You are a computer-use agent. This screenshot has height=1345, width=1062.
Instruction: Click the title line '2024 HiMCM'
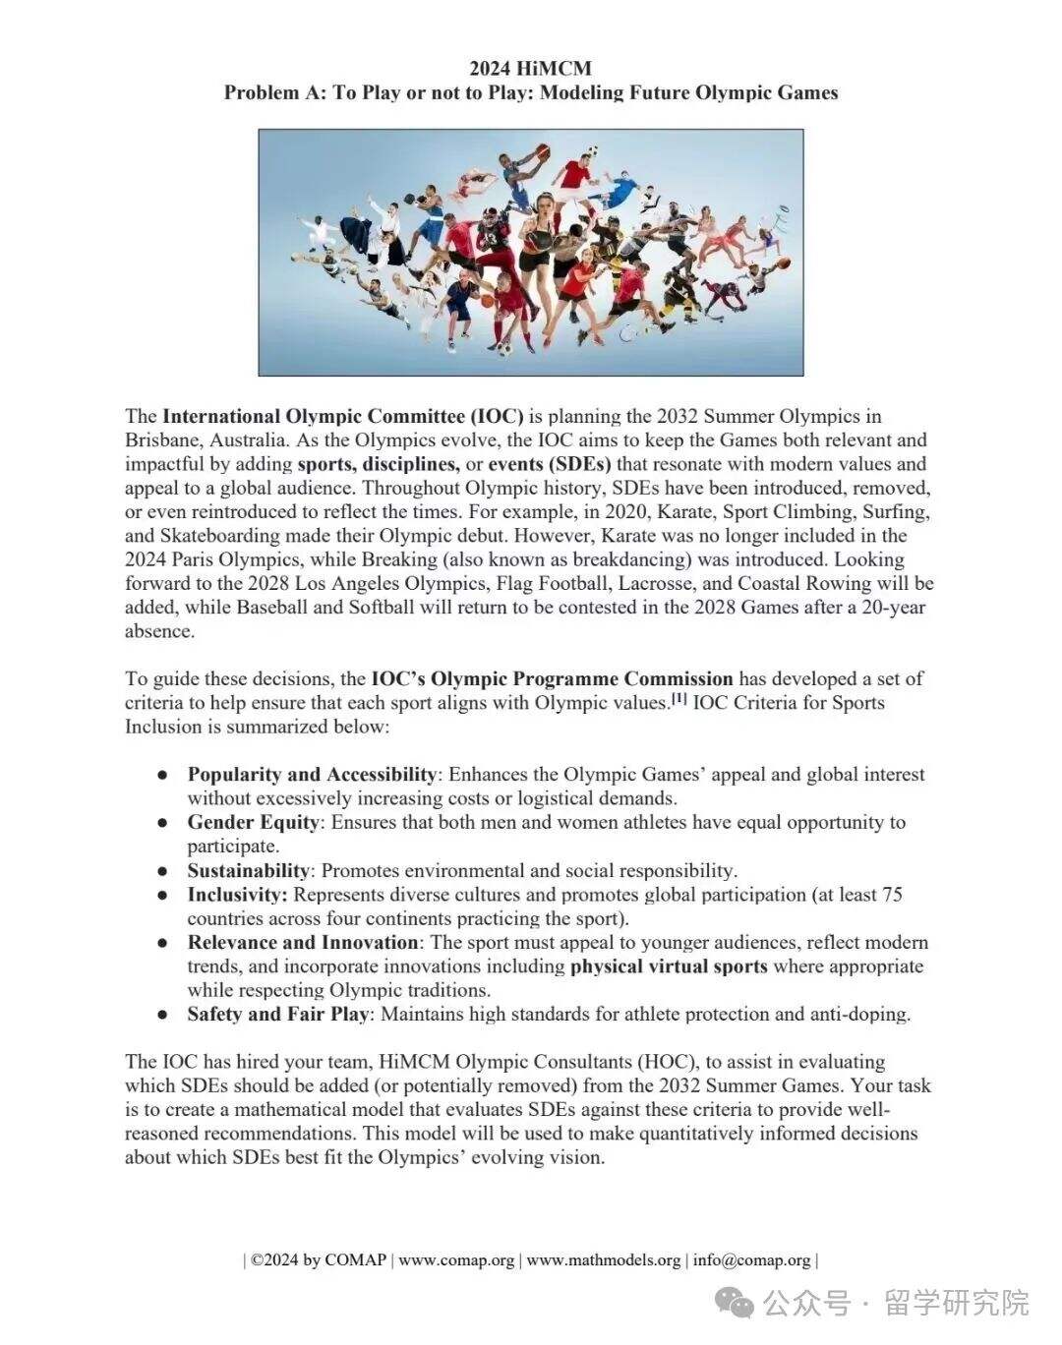coord(530,68)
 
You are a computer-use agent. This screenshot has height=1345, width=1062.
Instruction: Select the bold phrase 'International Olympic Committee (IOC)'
coord(343,416)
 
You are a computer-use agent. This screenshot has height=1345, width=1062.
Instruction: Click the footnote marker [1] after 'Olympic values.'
coord(678,699)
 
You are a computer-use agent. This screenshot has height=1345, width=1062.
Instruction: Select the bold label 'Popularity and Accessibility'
coord(312,775)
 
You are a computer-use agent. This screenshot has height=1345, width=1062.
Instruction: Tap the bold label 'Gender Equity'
coord(253,823)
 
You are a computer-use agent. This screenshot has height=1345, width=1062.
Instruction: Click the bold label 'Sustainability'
coord(248,871)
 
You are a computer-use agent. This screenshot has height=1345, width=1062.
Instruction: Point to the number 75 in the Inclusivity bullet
coord(892,895)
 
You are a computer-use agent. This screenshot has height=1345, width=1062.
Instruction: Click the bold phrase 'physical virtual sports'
coord(669,966)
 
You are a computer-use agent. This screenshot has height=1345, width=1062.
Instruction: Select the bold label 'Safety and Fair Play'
coord(278,1015)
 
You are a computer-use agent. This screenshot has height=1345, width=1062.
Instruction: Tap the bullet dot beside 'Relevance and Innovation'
coord(163,943)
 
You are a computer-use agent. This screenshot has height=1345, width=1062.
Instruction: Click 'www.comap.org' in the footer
coord(456,1260)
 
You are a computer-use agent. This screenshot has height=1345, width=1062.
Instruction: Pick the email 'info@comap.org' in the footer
coord(751,1260)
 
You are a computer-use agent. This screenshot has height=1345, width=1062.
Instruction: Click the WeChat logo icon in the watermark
coord(736,1303)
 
